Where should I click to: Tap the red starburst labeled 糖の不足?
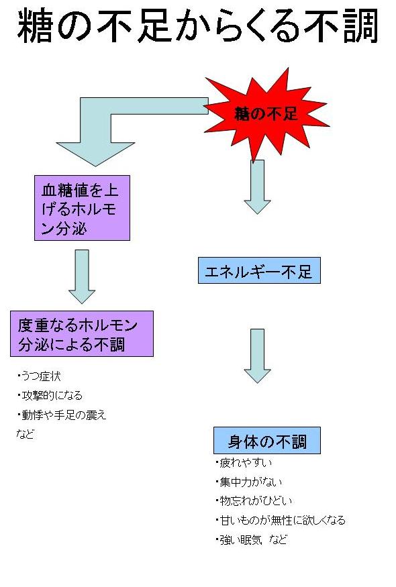pos(266,113)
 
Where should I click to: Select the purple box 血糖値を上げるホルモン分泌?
pos(82,208)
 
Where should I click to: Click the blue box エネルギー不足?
pos(259,270)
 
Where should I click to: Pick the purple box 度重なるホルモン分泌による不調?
pos(82,333)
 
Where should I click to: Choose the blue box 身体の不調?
pos(266,441)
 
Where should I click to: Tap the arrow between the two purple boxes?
pos(82,276)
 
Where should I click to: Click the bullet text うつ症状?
pos(42,376)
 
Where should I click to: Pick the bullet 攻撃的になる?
pos(48,395)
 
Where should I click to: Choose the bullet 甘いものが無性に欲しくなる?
pos(282,520)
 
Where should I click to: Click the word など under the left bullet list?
pos(25,433)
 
